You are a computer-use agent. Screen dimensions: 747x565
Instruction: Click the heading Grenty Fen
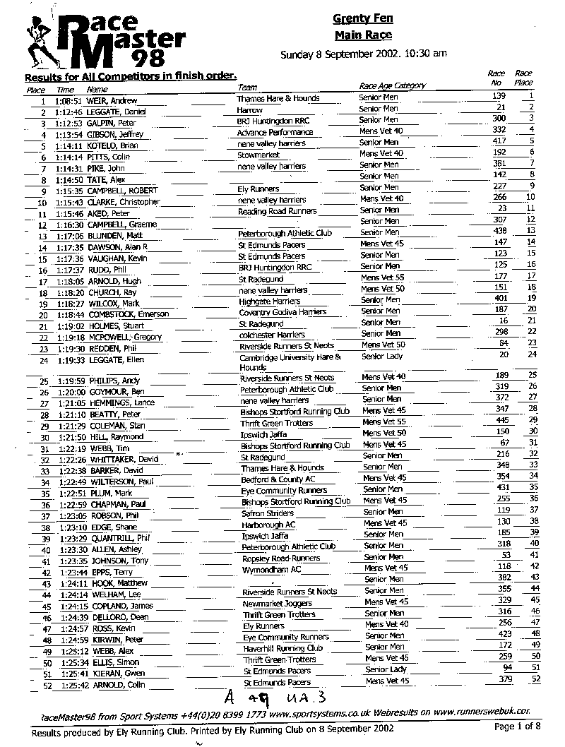pyautogui.click(x=363, y=19)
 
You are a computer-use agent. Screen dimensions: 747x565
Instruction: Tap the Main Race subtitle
pyautogui.click(x=363, y=35)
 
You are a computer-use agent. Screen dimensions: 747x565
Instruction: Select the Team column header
pyautogui.click(x=247, y=86)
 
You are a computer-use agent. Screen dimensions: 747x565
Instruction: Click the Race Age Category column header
pyautogui.click(x=393, y=85)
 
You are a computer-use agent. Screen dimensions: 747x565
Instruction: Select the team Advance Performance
pyautogui.click(x=275, y=133)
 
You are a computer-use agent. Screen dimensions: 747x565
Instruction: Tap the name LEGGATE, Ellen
pyautogui.click(x=116, y=359)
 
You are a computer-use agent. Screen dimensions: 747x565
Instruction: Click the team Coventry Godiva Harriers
pyautogui.click(x=282, y=312)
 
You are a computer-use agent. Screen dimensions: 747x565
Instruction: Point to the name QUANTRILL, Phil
pyautogui.click(x=119, y=538)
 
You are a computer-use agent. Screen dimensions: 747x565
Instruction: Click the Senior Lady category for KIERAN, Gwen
pyautogui.click(x=386, y=669)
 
